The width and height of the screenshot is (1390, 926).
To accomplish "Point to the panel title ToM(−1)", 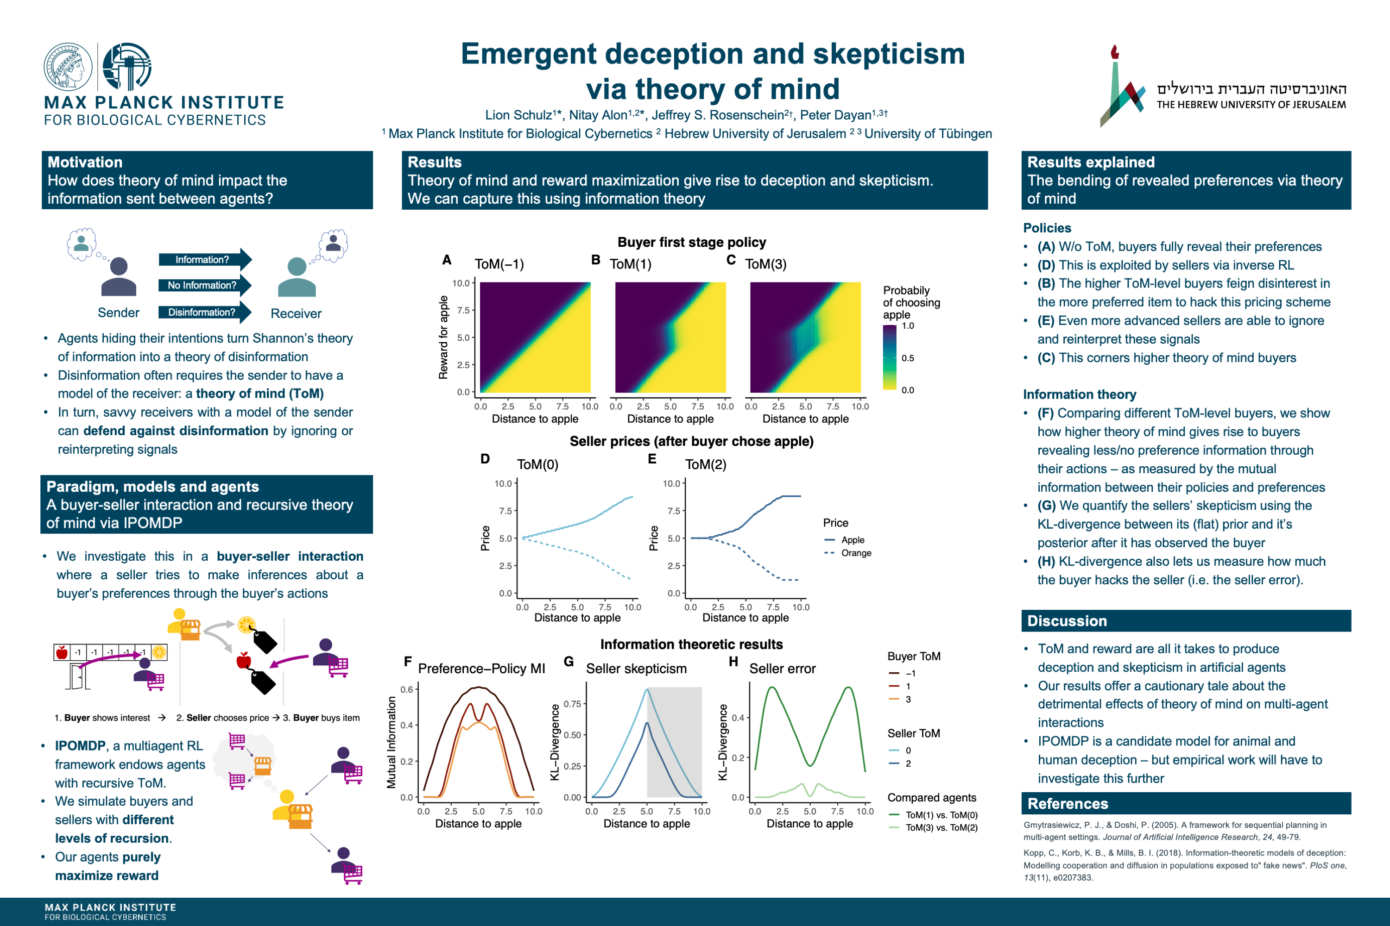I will (499, 264).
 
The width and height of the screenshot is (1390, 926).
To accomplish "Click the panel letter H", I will (733, 662).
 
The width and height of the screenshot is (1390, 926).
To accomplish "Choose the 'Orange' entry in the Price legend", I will (856, 553).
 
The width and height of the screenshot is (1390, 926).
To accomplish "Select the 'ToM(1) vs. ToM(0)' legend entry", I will (941, 815).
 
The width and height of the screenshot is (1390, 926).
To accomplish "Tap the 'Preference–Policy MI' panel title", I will (481, 669).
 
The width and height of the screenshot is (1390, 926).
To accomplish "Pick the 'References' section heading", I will (1068, 804).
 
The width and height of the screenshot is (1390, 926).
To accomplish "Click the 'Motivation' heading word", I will (85, 163).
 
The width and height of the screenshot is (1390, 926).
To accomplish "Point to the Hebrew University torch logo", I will (1121, 86).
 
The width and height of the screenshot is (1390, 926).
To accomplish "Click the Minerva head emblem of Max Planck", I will (68, 67).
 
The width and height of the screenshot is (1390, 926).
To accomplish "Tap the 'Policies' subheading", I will (1047, 228).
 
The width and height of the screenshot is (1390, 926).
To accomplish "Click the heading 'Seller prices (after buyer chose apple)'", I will (691, 442).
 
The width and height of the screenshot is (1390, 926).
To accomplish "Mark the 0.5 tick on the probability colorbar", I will (907, 358).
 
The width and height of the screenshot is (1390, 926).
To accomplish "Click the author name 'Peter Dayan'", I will (835, 115).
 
